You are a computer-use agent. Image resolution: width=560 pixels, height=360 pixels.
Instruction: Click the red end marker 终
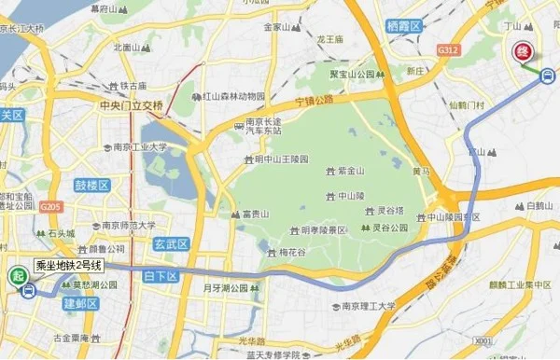click(x=519, y=51)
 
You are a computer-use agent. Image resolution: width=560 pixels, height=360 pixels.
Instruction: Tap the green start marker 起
click(x=17, y=276)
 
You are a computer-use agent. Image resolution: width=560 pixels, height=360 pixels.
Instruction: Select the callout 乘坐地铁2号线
click(x=68, y=266)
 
